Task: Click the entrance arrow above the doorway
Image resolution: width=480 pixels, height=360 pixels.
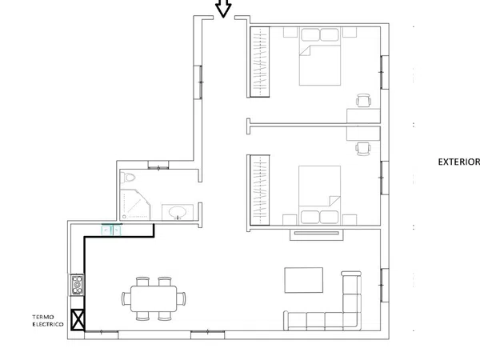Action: click(223, 8)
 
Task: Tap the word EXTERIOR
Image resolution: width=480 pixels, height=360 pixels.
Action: click(459, 162)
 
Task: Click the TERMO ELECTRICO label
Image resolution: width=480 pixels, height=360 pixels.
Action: click(48, 321)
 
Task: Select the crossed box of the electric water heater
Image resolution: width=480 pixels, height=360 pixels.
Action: click(78, 320)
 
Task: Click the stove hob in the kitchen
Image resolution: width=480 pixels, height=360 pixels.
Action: click(77, 285)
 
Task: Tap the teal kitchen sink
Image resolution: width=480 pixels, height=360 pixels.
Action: click(111, 230)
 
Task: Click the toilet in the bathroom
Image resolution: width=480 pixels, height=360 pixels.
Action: click(128, 178)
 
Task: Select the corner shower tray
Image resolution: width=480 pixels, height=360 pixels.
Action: click(135, 205)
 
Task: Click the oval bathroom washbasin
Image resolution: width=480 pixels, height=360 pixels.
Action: click(178, 212)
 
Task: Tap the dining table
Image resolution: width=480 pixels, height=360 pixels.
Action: click(154, 298)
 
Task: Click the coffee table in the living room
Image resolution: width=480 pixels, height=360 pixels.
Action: click(304, 280)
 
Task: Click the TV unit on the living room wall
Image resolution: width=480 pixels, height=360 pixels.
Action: click(317, 234)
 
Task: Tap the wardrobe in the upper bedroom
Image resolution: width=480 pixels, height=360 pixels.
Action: click(260, 62)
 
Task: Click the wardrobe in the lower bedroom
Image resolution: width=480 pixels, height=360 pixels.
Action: click(260, 190)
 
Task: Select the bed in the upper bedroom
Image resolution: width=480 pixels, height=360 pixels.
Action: click(320, 57)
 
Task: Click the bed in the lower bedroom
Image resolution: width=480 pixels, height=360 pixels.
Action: click(319, 195)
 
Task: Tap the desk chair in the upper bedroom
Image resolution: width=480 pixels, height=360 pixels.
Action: click(364, 101)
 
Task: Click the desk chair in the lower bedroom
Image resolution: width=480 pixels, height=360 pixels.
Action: click(363, 149)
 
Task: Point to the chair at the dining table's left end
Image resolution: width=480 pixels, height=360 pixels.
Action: click(126, 298)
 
